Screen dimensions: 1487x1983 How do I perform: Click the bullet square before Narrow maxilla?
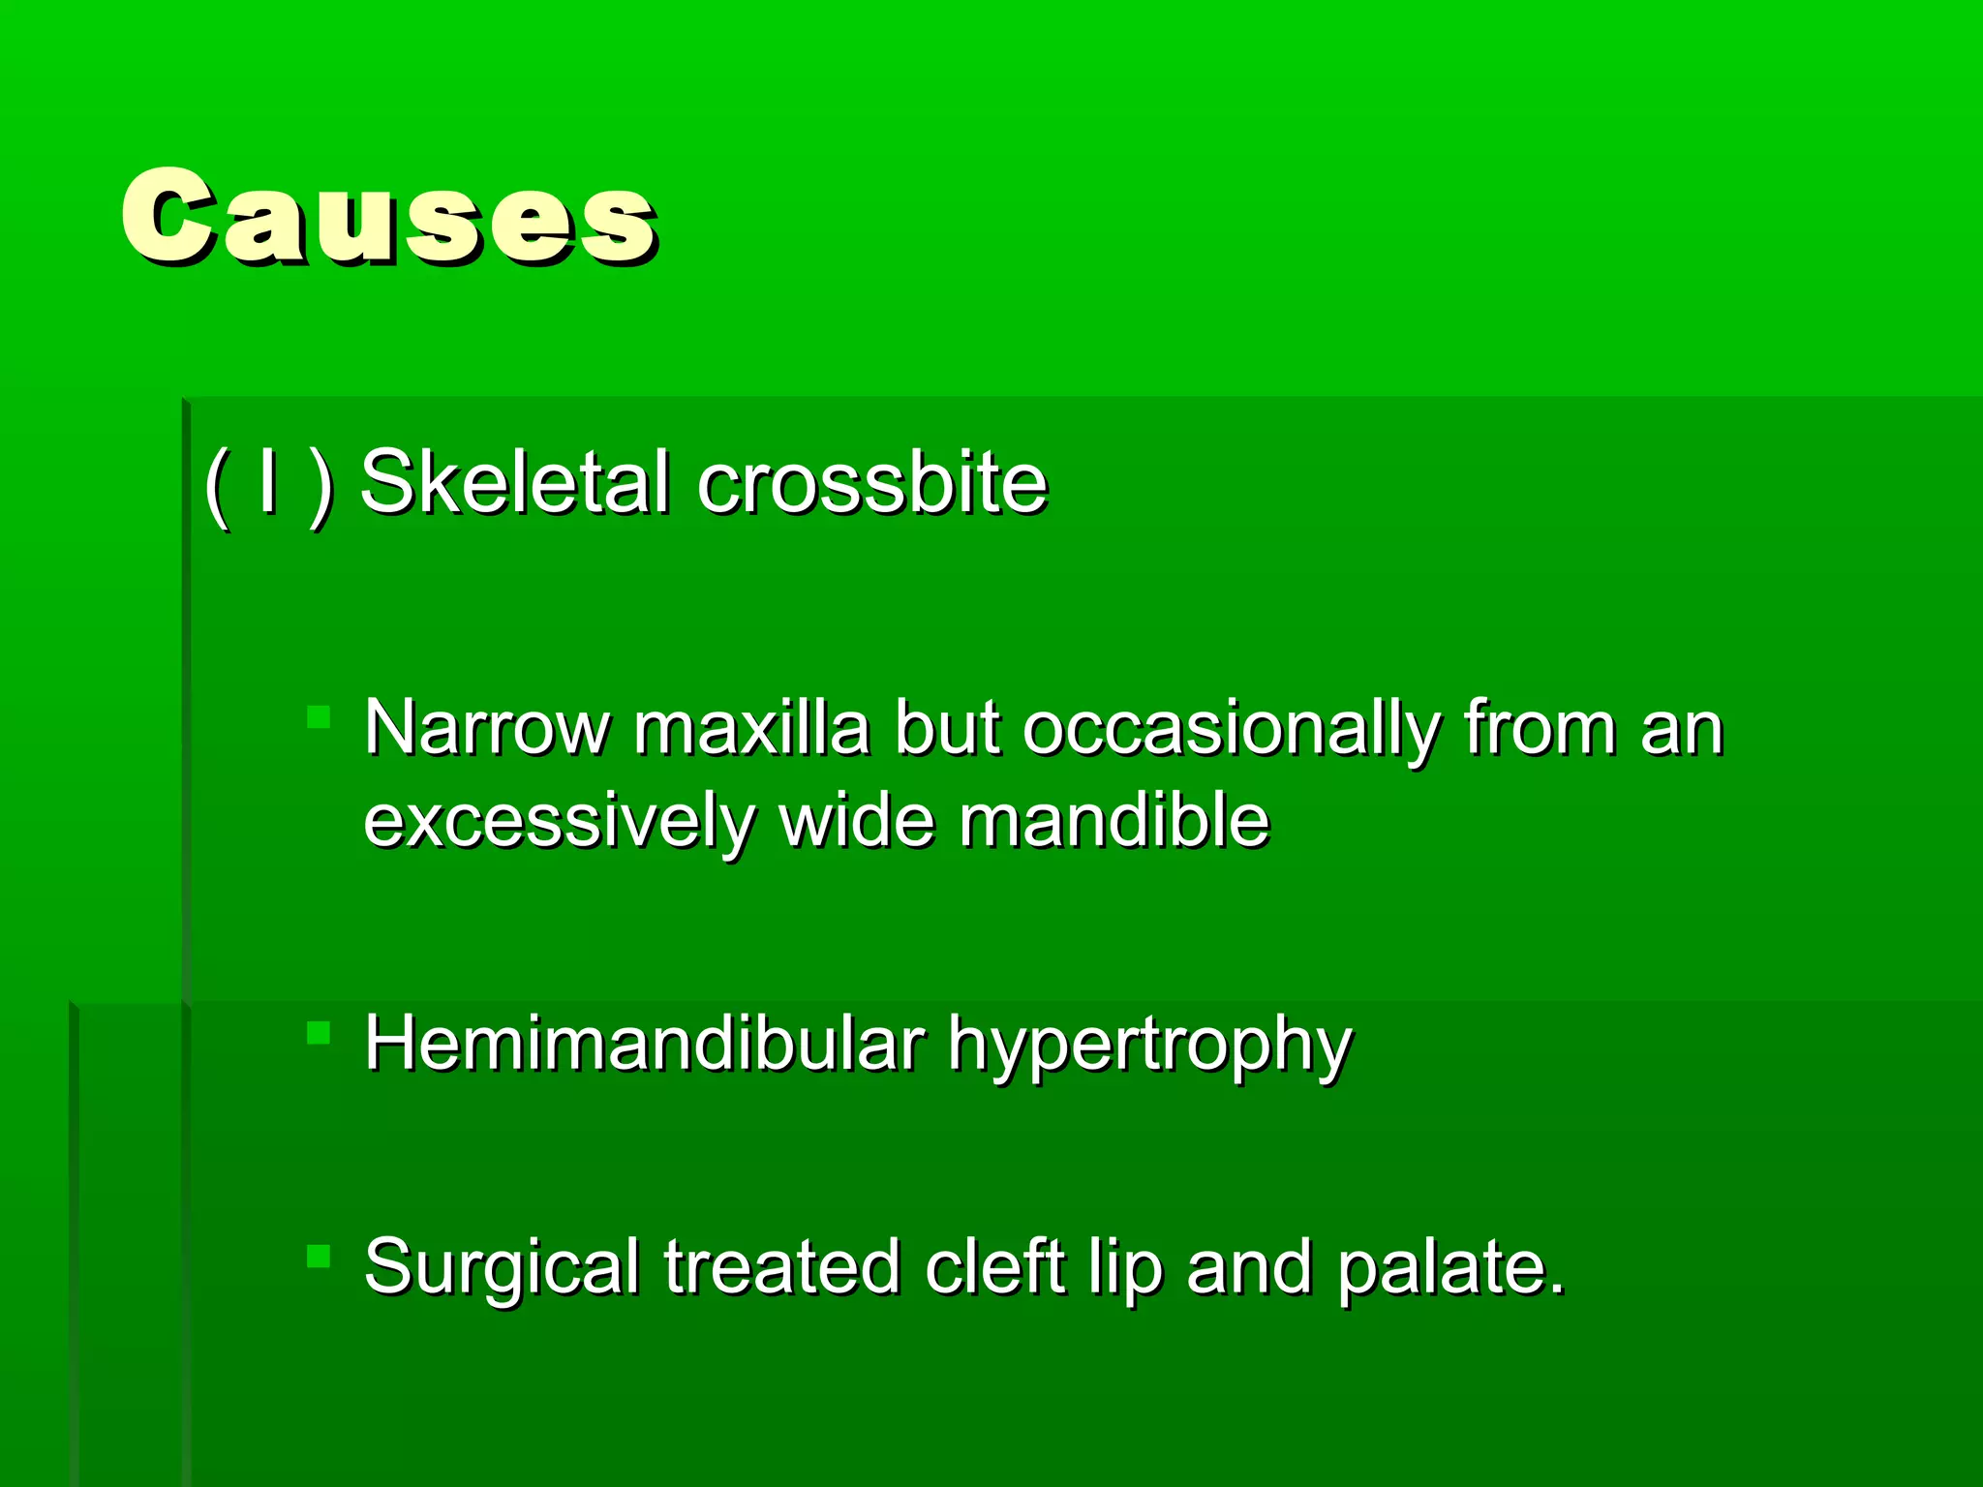[319, 717]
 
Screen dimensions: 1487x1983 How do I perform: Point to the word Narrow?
[487, 728]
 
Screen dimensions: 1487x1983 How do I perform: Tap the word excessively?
[559, 821]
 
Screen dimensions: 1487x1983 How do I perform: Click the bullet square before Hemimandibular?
[319, 1034]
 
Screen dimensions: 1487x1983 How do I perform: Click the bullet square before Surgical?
[319, 1257]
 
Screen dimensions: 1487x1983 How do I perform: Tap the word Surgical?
[502, 1268]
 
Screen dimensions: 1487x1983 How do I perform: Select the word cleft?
[994, 1266]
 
